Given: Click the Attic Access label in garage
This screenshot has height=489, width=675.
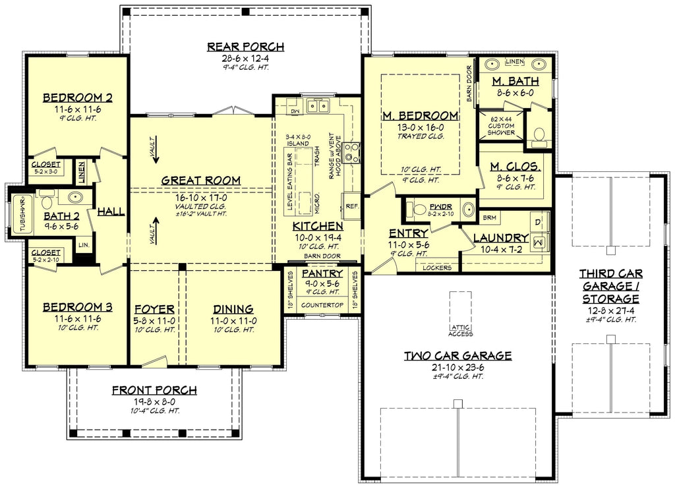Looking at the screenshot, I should click(x=460, y=330).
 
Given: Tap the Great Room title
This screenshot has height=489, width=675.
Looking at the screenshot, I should click(x=200, y=180).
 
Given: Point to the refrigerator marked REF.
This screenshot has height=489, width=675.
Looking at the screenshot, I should click(x=351, y=206).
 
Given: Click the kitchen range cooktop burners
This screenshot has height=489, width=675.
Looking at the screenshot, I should click(x=352, y=153).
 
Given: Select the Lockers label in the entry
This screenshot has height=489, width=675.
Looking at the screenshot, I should click(x=438, y=267).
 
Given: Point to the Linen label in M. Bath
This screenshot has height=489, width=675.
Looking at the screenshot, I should click(x=514, y=61).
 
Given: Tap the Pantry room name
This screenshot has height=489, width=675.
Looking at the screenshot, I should click(x=322, y=273).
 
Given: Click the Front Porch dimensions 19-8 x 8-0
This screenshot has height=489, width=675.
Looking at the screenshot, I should click(x=154, y=401).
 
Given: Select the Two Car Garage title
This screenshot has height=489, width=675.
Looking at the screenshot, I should click(x=457, y=356).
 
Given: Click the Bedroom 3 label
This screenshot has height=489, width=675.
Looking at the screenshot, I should click(x=77, y=308).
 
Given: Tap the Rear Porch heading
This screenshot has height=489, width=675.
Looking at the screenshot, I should click(x=245, y=47).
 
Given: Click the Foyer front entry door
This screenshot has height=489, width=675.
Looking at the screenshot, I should click(x=156, y=361).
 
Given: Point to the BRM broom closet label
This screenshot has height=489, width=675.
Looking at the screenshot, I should click(x=489, y=217).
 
